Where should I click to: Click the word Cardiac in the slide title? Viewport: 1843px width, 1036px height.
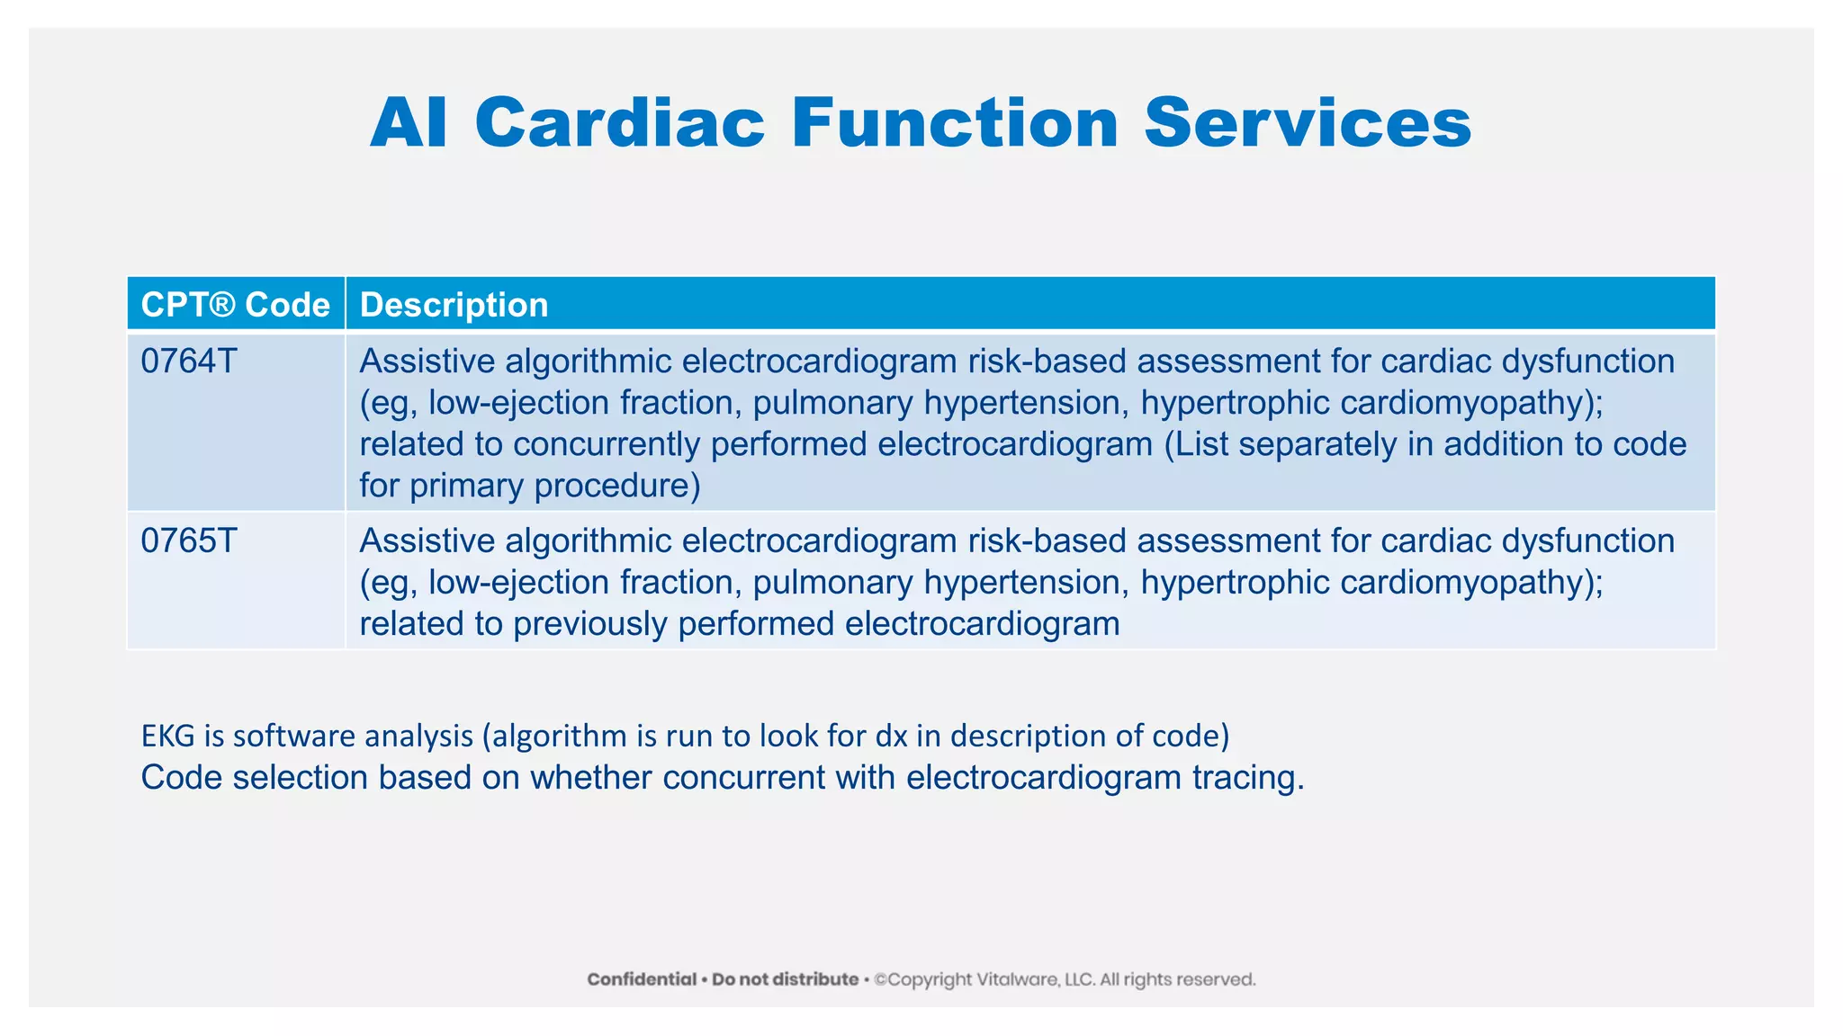[x=620, y=123]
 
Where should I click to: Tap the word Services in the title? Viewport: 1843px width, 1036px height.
[x=1308, y=123]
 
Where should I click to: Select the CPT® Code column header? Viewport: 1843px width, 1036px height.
[x=236, y=305]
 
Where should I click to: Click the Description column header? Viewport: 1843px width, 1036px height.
[x=454, y=305]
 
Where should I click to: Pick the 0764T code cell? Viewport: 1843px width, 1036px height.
[x=189, y=362]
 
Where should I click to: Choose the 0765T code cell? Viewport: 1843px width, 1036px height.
[x=189, y=541]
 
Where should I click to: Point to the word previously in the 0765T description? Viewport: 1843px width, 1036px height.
[x=589, y=624]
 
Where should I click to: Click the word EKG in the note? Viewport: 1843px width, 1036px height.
[x=168, y=736]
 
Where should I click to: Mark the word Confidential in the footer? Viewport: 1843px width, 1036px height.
[x=642, y=979]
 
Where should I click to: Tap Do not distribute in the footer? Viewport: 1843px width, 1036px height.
[x=785, y=979]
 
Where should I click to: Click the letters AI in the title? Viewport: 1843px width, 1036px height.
[x=409, y=123]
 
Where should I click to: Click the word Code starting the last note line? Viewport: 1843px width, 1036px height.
[x=181, y=777]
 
